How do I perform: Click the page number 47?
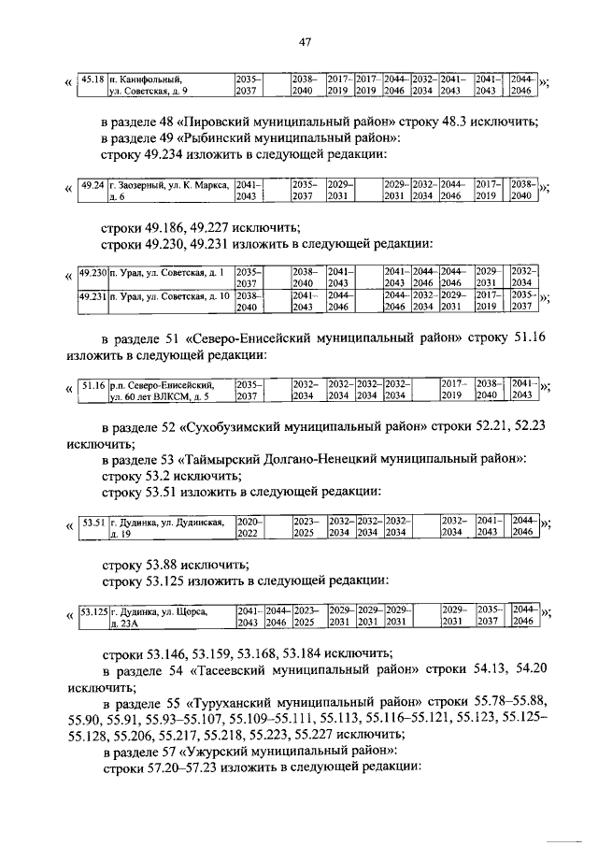(305, 40)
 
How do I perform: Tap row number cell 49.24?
(93, 191)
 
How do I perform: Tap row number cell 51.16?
(93, 389)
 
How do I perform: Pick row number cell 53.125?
(93, 616)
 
